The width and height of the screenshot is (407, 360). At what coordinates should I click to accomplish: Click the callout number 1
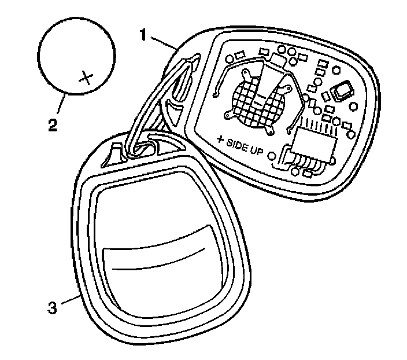pyautogui.click(x=143, y=35)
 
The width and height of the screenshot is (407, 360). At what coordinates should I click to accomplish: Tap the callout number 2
pyautogui.click(x=53, y=124)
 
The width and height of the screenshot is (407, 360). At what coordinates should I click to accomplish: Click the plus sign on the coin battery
pyautogui.click(x=86, y=77)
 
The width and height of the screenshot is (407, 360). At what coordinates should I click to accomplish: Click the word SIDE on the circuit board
pyautogui.click(x=239, y=144)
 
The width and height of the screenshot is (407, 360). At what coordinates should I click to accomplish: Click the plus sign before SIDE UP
pyautogui.click(x=220, y=139)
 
